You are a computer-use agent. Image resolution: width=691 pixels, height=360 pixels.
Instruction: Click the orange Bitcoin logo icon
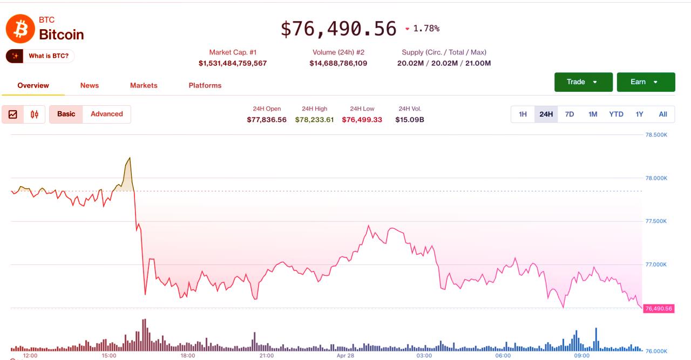(x=20, y=29)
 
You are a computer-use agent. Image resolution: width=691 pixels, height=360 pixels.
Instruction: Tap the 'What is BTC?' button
(x=40, y=56)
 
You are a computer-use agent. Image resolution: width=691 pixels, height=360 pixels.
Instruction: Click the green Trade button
(x=583, y=82)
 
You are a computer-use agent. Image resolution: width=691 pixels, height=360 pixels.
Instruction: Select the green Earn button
(x=646, y=82)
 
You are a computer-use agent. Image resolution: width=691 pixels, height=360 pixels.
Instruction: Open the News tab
(x=90, y=85)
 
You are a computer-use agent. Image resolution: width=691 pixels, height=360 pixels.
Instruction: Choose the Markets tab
(x=144, y=85)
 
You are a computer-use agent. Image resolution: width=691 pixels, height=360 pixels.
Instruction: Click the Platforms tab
(x=205, y=85)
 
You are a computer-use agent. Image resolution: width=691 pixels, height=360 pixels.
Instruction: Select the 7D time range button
(x=570, y=114)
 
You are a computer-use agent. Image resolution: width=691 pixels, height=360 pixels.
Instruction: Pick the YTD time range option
(x=616, y=114)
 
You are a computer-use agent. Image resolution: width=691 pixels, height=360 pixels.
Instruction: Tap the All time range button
(x=663, y=114)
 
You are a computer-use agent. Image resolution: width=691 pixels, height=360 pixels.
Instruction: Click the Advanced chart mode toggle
(x=106, y=114)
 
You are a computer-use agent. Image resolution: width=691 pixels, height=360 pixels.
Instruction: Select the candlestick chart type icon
(x=35, y=114)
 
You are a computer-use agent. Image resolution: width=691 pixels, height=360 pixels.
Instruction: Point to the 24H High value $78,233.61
(x=314, y=120)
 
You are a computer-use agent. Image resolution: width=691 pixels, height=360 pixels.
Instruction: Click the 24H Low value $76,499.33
(x=362, y=120)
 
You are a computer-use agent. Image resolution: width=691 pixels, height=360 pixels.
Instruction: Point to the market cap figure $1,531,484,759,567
(x=233, y=63)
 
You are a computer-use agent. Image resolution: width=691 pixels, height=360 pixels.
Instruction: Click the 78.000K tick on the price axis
(x=656, y=178)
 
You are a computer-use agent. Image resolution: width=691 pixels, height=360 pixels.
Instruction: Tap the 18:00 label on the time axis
(x=188, y=356)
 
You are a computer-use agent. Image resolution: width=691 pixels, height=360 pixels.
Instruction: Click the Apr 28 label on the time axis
(x=345, y=356)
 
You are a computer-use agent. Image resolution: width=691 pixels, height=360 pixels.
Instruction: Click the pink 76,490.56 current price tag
(x=659, y=309)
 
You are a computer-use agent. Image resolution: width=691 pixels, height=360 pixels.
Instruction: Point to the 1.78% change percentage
(x=426, y=29)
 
